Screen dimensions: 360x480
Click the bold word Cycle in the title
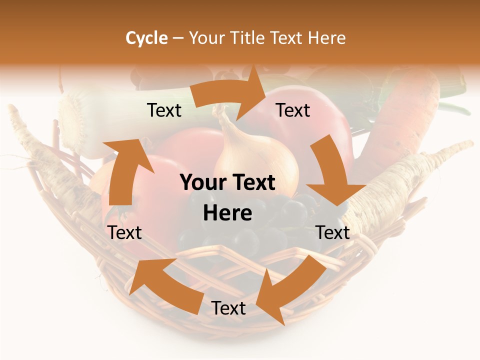(146, 38)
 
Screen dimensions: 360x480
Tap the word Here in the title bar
(326, 38)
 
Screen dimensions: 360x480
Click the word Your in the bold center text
(200, 183)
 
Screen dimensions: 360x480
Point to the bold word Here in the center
(227, 213)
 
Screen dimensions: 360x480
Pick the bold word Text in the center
(253, 183)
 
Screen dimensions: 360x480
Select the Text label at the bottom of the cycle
(228, 308)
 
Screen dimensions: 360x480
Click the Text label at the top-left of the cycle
(164, 110)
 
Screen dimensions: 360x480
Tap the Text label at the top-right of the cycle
(293, 110)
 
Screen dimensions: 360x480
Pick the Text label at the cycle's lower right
(332, 232)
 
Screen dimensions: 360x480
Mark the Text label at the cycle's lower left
(124, 232)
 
